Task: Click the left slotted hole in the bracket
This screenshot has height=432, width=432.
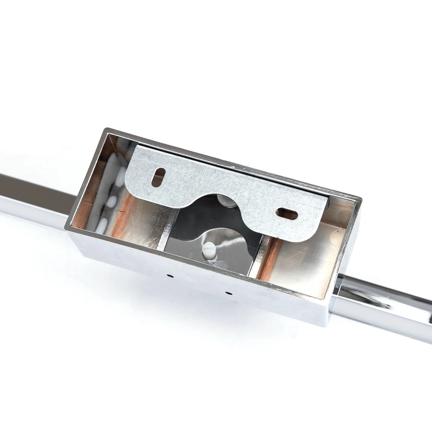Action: [157, 177]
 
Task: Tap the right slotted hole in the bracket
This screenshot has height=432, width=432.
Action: [287, 214]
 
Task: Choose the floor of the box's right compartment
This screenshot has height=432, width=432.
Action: [301, 265]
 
